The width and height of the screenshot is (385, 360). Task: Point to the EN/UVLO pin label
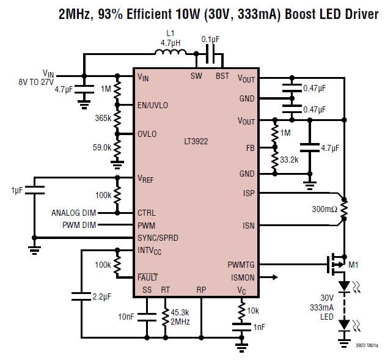[x=152, y=105]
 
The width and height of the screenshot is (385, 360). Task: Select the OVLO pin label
[x=147, y=134]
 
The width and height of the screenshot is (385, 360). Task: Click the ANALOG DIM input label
[x=78, y=213]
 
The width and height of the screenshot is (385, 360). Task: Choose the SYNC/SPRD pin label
[x=158, y=237]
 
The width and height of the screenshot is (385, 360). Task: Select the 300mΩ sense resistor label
[x=324, y=210]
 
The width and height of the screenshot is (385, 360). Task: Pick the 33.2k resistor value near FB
[x=288, y=160]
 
